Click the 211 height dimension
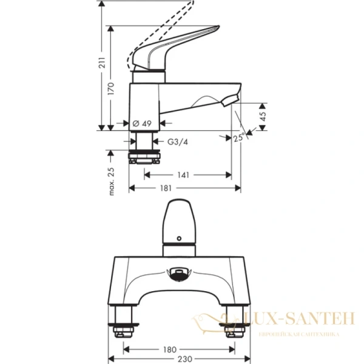click(x=103, y=62)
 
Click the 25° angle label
click(x=239, y=139)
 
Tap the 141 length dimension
click(x=184, y=175)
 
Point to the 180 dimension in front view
click(x=170, y=349)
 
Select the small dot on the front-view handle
click(x=180, y=237)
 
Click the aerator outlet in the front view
click(x=180, y=274)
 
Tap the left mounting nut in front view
click(x=125, y=331)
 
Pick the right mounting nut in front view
click(x=234, y=331)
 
